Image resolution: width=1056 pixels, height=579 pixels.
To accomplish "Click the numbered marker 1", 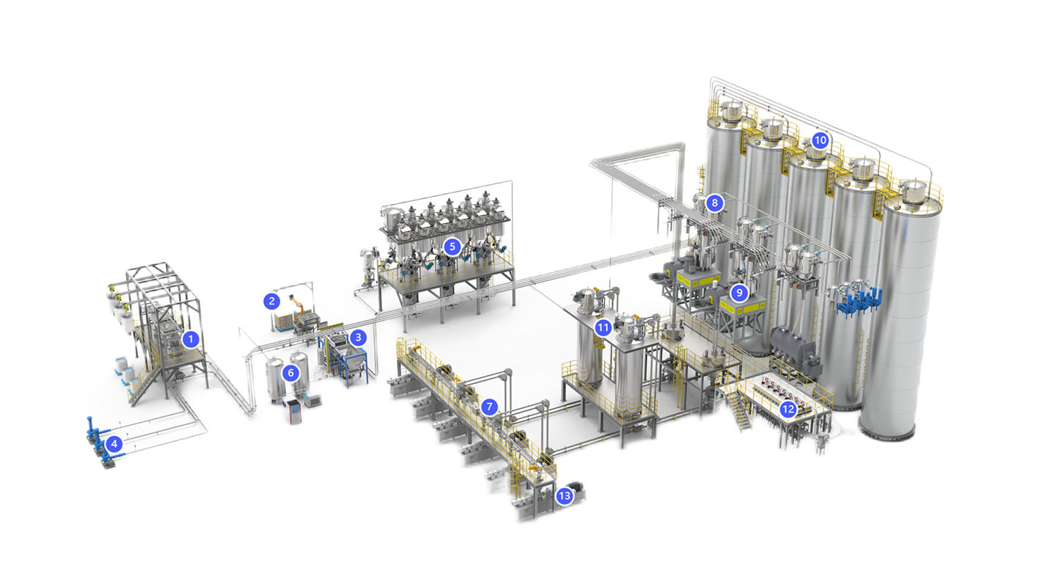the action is click(x=191, y=339).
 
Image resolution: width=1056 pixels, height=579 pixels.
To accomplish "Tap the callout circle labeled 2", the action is click(x=271, y=301).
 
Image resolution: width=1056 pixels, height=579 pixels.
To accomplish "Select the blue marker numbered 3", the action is click(x=359, y=338).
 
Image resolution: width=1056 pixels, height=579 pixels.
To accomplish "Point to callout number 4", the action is click(x=114, y=443).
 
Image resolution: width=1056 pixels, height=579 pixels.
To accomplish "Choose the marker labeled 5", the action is click(x=452, y=247).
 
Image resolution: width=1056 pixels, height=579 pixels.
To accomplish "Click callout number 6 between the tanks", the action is click(x=291, y=374).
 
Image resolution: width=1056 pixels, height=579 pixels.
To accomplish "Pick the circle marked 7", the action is click(x=489, y=407).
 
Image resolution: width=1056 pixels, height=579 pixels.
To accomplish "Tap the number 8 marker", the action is click(x=715, y=203).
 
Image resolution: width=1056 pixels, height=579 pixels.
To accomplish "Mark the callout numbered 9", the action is click(x=739, y=293).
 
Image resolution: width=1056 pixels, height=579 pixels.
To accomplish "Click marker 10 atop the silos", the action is click(x=821, y=140).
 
